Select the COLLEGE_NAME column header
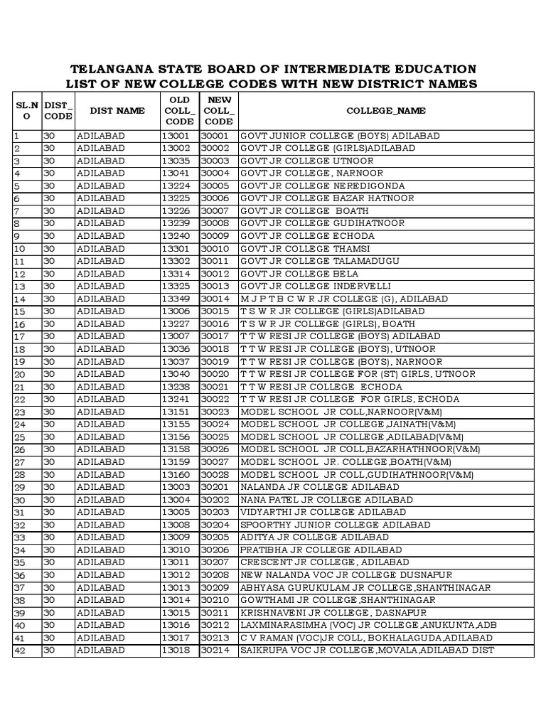coord(386,111)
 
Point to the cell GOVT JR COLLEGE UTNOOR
coord(307,161)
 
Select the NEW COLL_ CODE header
coord(218,111)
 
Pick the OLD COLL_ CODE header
coord(178,111)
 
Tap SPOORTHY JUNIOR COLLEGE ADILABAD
coord(336,525)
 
